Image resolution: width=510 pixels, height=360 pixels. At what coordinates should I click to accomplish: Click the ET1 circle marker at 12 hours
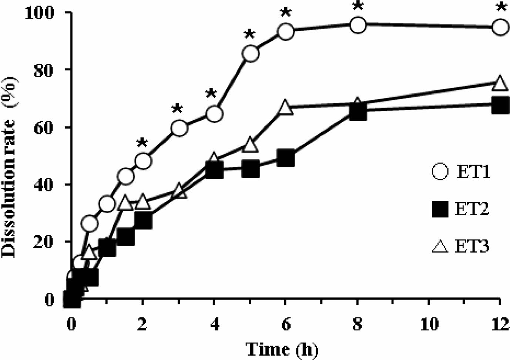tap(500, 27)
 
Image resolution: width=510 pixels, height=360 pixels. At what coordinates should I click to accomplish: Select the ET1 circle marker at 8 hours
tap(358, 25)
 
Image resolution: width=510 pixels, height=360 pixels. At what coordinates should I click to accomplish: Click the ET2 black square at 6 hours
tap(285, 158)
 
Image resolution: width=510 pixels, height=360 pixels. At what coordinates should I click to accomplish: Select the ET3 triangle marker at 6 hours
tap(285, 107)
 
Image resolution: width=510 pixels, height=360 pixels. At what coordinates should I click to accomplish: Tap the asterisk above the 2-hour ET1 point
tap(142, 143)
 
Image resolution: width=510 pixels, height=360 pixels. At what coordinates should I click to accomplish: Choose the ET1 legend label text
tap(473, 172)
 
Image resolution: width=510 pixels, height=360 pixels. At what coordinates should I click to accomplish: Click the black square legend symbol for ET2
tap(440, 209)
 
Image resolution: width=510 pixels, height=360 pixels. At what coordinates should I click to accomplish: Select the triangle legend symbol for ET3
tap(440, 246)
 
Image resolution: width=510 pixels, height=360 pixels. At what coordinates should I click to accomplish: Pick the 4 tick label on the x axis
tap(214, 324)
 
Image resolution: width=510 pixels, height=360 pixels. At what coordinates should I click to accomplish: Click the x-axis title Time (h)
tap(282, 349)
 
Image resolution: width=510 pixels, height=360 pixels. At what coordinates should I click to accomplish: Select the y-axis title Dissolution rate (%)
tap(9, 167)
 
